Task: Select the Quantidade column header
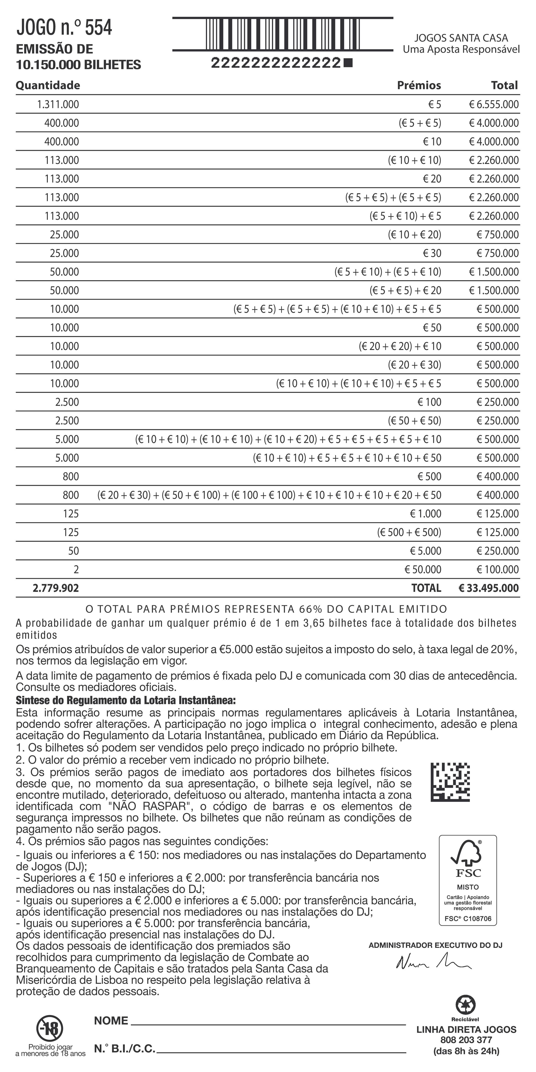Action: pos(48,85)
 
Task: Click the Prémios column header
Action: pos(419,85)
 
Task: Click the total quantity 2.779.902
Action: pos(56,588)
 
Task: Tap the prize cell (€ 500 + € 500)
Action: pos(409,532)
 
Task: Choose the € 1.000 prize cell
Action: pos(425,513)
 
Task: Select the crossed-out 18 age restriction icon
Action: pos(50,1028)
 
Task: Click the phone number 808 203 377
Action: pos(466,1040)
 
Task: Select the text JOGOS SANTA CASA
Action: pos(461,38)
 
